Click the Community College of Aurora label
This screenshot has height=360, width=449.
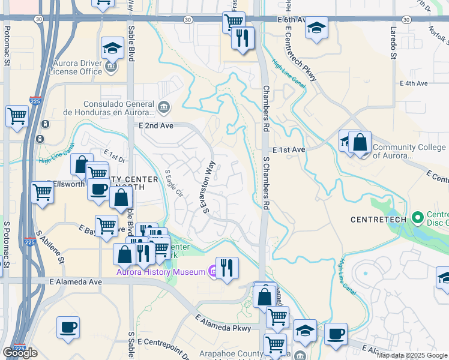(x=409, y=152)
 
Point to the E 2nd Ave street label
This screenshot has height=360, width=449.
(x=155, y=126)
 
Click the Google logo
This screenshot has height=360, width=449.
(x=20, y=353)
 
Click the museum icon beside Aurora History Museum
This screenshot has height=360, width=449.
(x=212, y=272)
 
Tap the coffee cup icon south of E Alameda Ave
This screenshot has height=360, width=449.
(x=68, y=328)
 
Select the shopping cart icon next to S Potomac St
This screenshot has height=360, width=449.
(x=17, y=115)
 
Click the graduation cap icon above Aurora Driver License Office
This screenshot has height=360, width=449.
(x=112, y=47)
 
